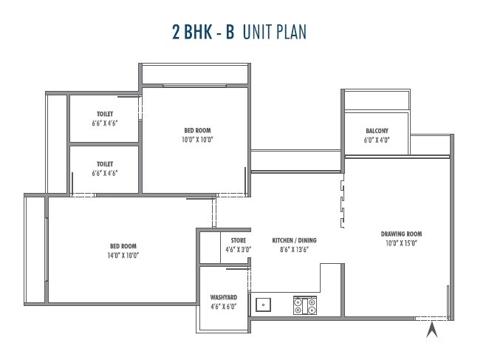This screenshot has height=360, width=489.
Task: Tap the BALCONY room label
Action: (376, 131)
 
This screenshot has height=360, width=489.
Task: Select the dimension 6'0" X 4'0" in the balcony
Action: (376, 140)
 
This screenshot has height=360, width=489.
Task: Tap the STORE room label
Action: (237, 240)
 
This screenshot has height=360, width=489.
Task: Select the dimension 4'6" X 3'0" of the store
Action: (237, 250)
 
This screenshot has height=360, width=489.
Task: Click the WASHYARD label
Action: (223, 297)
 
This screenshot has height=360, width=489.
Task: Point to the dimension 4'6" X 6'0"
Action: (223, 306)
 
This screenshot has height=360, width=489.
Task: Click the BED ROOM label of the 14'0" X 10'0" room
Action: (123, 246)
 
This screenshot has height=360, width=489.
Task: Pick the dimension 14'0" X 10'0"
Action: (123, 255)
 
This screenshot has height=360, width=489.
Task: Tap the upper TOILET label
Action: (103, 114)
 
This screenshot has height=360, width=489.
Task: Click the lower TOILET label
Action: (103, 164)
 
